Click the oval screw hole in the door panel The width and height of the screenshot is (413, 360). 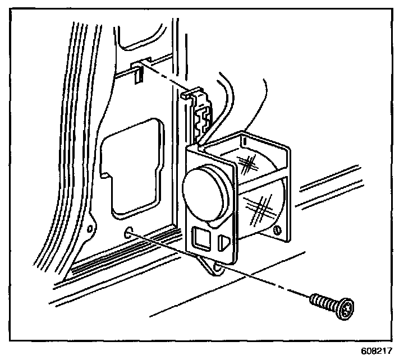click(130, 233)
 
